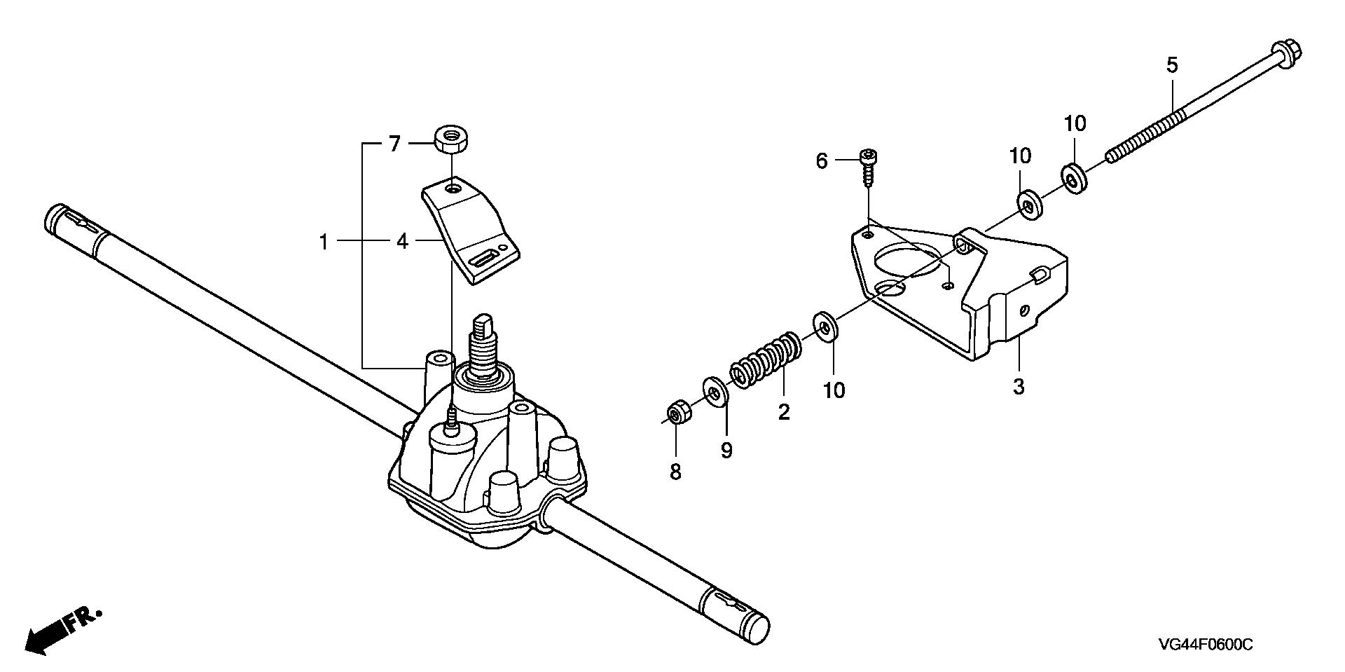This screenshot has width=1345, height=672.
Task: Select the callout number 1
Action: coord(324,242)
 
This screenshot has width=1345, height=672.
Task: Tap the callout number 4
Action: coord(401,242)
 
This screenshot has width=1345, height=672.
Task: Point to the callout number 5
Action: coord(1172,66)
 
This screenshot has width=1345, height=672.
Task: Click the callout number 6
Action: coord(822,162)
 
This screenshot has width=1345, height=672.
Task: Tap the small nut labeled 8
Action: coord(676,413)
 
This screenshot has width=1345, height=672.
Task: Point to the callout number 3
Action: coord(1019,386)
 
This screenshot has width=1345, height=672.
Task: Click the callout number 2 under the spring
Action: coord(784,412)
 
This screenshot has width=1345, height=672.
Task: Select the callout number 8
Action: coord(675,472)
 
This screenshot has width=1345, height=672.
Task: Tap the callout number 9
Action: coord(726,451)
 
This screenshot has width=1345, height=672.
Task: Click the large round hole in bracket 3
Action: coord(909,260)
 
